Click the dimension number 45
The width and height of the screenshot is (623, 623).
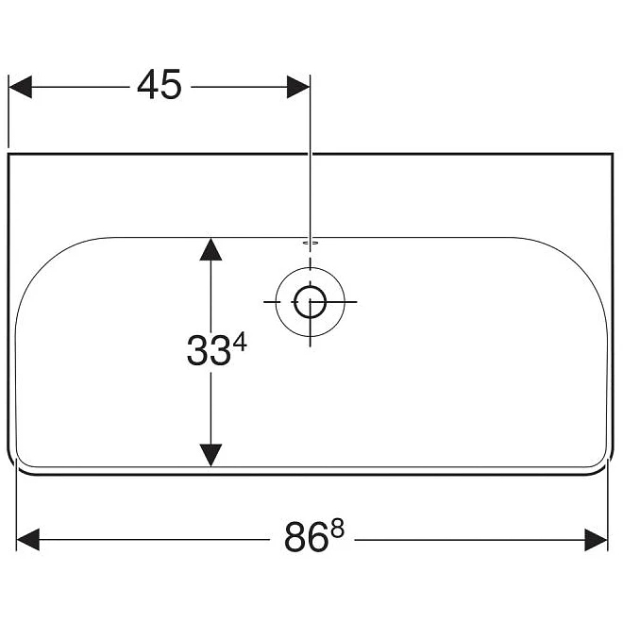160,84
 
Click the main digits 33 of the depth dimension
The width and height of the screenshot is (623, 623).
209,350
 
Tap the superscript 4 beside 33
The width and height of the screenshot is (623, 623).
240,343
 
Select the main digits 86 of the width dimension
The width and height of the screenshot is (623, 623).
307,538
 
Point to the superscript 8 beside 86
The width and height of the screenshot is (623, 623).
337,530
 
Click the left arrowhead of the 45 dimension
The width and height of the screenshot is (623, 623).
20,87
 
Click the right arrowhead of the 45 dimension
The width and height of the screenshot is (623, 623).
298,87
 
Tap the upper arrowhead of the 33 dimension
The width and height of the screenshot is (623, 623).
210,249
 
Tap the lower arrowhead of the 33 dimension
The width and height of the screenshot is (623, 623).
210,455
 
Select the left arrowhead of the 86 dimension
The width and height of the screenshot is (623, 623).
27,540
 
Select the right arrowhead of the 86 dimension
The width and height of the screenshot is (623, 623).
596,540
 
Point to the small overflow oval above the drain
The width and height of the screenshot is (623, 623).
311,241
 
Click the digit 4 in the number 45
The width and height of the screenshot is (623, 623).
148,84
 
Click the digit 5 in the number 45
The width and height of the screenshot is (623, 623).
171,85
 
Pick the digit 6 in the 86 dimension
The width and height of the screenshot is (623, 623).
318,538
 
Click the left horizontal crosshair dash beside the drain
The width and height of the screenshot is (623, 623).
272,302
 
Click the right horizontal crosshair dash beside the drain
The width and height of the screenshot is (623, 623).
348,302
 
